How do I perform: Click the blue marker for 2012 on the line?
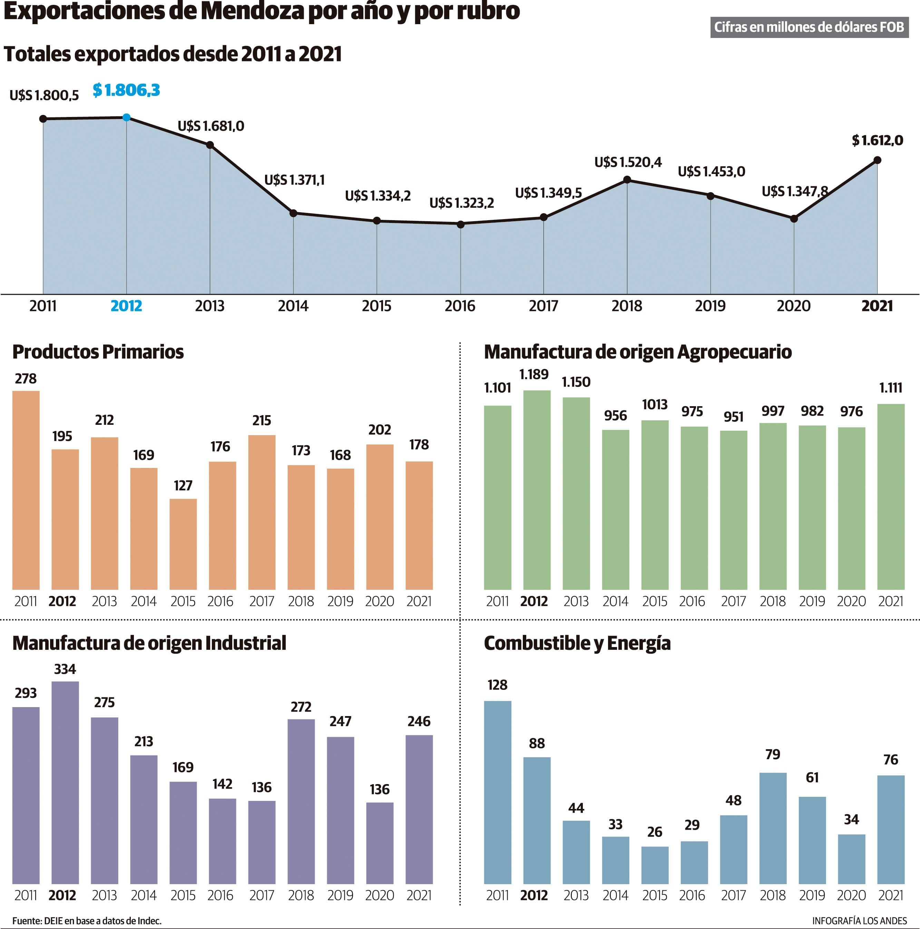pos(126,117)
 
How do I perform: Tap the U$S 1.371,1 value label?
pos(294,180)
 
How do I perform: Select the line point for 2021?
pos(877,160)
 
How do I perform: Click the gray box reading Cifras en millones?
pos(809,27)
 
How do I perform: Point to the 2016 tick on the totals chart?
pos(459,306)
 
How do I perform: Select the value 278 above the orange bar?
pos(26,379)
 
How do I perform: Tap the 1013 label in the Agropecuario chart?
pos(655,404)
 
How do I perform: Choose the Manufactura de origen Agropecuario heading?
pos(637,352)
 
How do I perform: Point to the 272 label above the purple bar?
pos(301,707)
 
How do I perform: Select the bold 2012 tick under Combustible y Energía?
pos(534,895)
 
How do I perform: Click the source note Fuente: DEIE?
pos(87,920)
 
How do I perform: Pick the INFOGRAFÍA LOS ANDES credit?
pos(859,920)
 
